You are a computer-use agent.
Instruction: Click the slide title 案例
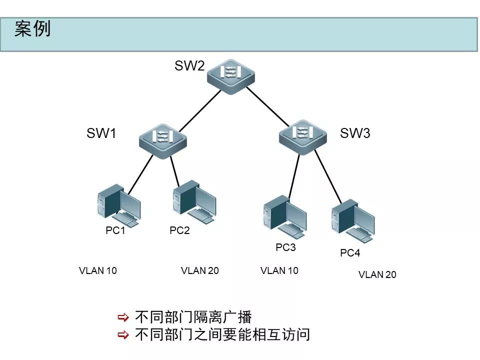click(32, 29)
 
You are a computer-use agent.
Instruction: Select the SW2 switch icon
click(230, 74)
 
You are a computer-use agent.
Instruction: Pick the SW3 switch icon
click(302, 134)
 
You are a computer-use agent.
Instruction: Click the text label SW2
click(189, 66)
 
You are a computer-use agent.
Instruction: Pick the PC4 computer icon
click(352, 220)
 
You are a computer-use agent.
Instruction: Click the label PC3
click(286, 247)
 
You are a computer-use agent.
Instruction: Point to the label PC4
click(350, 253)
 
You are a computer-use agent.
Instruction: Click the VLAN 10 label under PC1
click(98, 270)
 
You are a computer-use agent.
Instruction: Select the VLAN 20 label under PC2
click(200, 270)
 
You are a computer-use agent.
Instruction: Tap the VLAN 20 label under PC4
click(377, 274)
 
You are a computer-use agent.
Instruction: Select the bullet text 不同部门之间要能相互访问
click(222, 334)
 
